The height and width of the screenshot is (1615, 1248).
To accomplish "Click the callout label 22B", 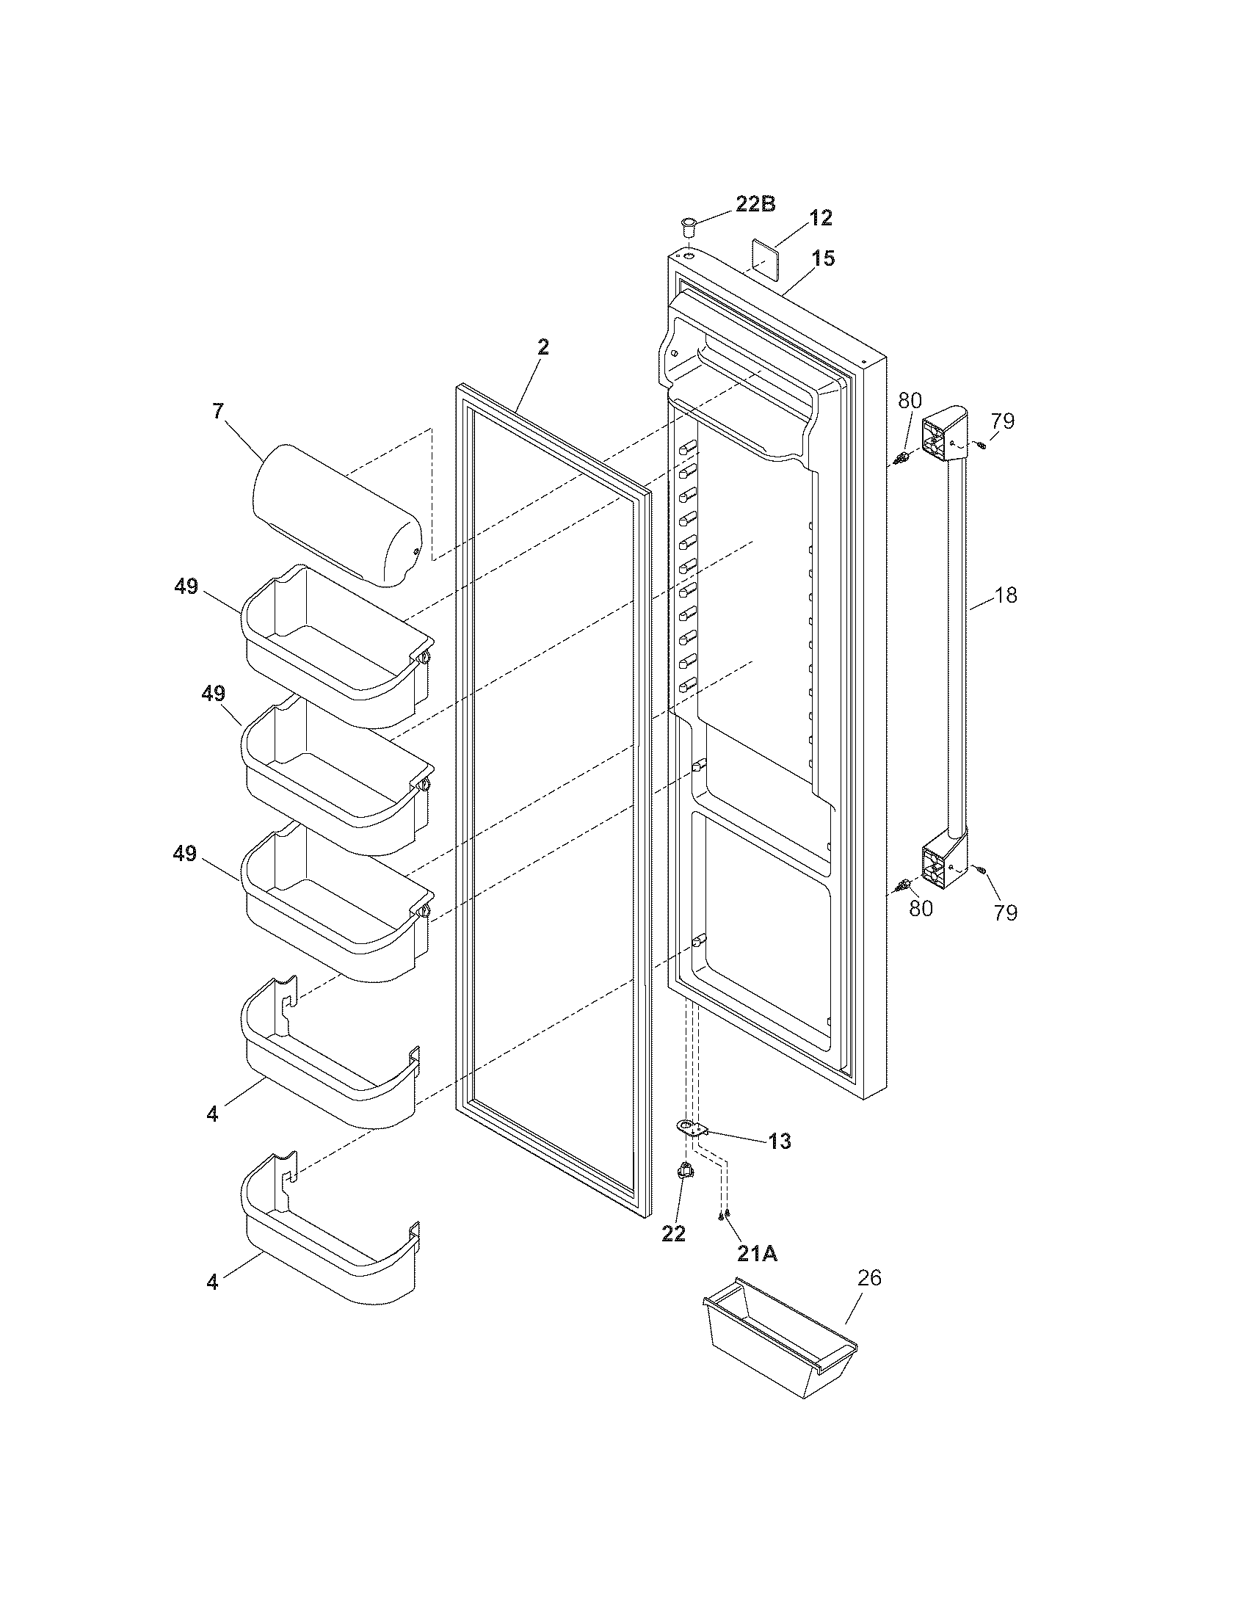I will [755, 205].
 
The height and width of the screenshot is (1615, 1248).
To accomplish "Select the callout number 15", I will [823, 259].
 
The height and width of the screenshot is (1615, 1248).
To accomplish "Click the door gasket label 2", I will [543, 346].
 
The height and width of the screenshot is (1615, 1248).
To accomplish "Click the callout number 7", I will [217, 412].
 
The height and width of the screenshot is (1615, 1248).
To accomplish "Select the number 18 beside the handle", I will [1006, 595].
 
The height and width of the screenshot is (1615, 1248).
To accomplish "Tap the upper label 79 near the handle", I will [1004, 421].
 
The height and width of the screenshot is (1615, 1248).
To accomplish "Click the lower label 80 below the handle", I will [921, 908].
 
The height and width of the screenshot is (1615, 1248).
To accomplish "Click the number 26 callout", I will [869, 1278].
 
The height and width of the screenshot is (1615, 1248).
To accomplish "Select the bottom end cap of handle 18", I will [943, 863].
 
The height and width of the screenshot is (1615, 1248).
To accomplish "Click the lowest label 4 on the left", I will [213, 1283].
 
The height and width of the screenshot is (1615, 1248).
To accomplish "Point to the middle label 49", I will [213, 694].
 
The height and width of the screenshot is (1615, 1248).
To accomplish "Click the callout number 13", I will [779, 1142].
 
